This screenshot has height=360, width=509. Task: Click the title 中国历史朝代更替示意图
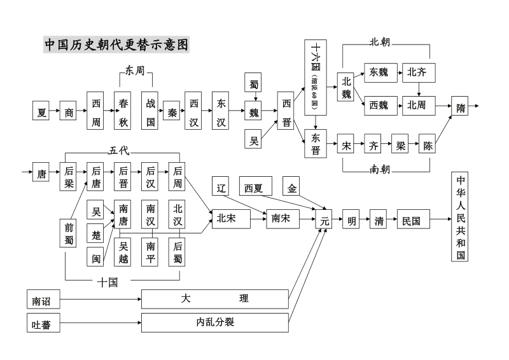point(116,45)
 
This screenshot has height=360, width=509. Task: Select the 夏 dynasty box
point(42,113)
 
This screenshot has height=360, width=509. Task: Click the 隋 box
point(460,107)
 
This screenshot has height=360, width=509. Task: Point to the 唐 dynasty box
point(42,174)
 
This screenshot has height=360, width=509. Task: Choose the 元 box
point(324,221)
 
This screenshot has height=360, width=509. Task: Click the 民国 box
point(411,221)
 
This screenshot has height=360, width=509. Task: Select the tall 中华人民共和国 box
point(461,216)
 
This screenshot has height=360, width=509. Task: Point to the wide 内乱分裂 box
point(214,322)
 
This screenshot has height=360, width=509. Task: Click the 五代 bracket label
point(119,150)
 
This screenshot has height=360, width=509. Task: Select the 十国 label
point(108,282)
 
